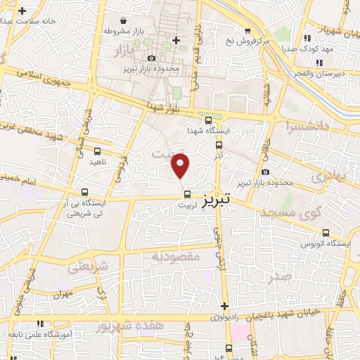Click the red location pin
click(x=181, y=166)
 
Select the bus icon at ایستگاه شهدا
click(x=208, y=120)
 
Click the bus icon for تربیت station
click(x=186, y=194)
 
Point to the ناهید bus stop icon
click(x=96, y=150)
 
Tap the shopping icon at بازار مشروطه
click(x=124, y=20)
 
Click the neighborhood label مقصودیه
click(x=176, y=257)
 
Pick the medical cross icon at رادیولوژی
click(x=224, y=306)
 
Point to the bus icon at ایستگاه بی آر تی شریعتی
click(x=85, y=192)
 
